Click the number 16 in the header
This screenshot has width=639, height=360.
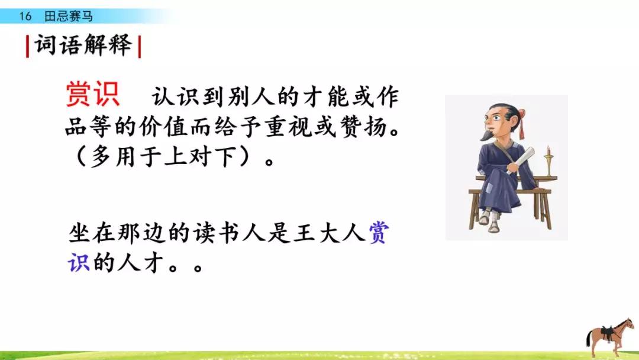[25, 17]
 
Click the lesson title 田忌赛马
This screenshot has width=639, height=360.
[69, 17]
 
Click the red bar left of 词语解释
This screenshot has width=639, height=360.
[27, 46]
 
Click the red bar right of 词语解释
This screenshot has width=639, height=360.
[139, 46]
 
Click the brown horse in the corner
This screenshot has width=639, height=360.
[609, 335]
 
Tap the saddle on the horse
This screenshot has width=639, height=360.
[608, 329]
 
